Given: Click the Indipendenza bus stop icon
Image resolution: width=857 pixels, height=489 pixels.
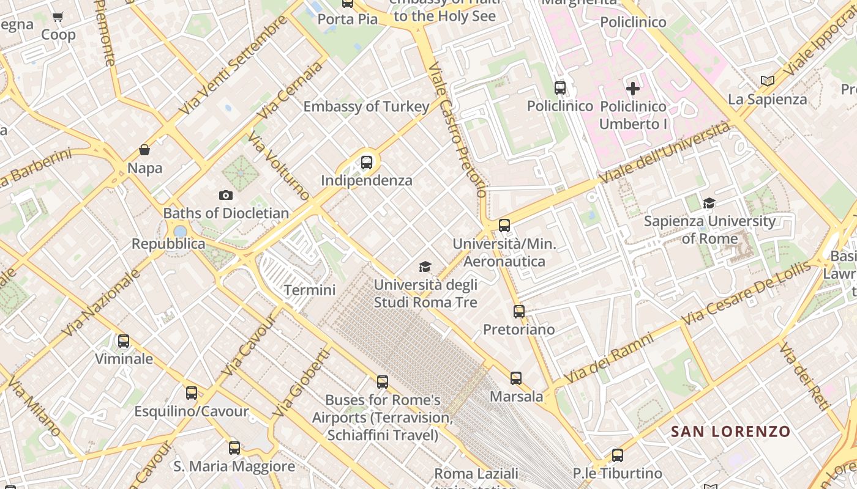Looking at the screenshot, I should [x=367, y=163].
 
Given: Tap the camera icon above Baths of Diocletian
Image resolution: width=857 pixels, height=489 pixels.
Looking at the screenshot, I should [x=226, y=196].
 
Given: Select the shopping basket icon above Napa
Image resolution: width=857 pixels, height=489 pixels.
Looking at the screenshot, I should [x=144, y=150].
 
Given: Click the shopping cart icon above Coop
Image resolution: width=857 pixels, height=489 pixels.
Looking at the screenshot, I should [x=58, y=17].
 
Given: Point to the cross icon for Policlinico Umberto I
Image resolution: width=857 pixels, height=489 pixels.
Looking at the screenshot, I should [x=633, y=89].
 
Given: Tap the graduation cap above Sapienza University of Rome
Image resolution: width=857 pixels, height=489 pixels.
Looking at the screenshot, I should [x=709, y=203].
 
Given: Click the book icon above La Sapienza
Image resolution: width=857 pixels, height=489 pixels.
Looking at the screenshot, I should [x=767, y=81].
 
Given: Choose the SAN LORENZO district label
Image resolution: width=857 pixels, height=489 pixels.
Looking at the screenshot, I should [x=730, y=432].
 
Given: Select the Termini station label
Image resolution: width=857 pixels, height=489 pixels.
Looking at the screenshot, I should [x=310, y=290].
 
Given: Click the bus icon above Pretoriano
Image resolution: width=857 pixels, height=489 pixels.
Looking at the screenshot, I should [x=519, y=312].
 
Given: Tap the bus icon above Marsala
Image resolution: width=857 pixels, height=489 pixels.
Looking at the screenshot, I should [x=516, y=378].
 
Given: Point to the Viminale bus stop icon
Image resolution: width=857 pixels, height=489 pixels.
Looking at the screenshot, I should [x=124, y=341].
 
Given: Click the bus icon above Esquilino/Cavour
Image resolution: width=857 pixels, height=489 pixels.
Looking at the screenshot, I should [x=192, y=393].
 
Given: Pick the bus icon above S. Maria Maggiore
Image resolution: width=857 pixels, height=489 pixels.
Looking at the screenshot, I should [x=234, y=448].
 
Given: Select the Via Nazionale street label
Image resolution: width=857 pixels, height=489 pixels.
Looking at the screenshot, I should [x=101, y=303].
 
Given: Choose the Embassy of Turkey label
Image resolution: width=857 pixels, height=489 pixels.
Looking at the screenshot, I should [x=366, y=106].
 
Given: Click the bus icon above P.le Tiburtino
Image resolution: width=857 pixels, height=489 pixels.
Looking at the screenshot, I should [x=618, y=455].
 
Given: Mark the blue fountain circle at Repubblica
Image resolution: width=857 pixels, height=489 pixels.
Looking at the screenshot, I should [x=180, y=232].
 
